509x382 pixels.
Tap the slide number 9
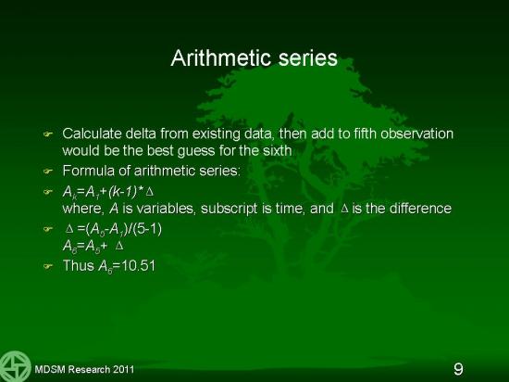pyautogui.click(x=458, y=369)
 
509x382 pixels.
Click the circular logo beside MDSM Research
pyautogui.click(x=15, y=366)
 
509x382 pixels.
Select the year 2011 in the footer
pyautogui.click(x=123, y=370)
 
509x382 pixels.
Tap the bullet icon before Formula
pyautogui.click(x=48, y=171)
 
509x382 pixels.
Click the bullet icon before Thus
pyautogui.click(x=48, y=266)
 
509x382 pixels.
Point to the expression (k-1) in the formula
pyautogui.click(x=123, y=192)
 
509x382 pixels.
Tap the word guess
pyautogui.click(x=196, y=151)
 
